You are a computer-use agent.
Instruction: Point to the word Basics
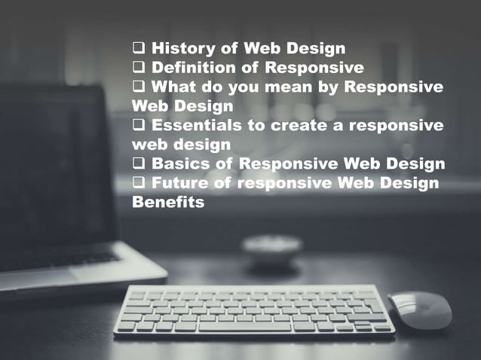coord(178,163)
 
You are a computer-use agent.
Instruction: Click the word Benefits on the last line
coord(167,202)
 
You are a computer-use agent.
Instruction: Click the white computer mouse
coord(420,310)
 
